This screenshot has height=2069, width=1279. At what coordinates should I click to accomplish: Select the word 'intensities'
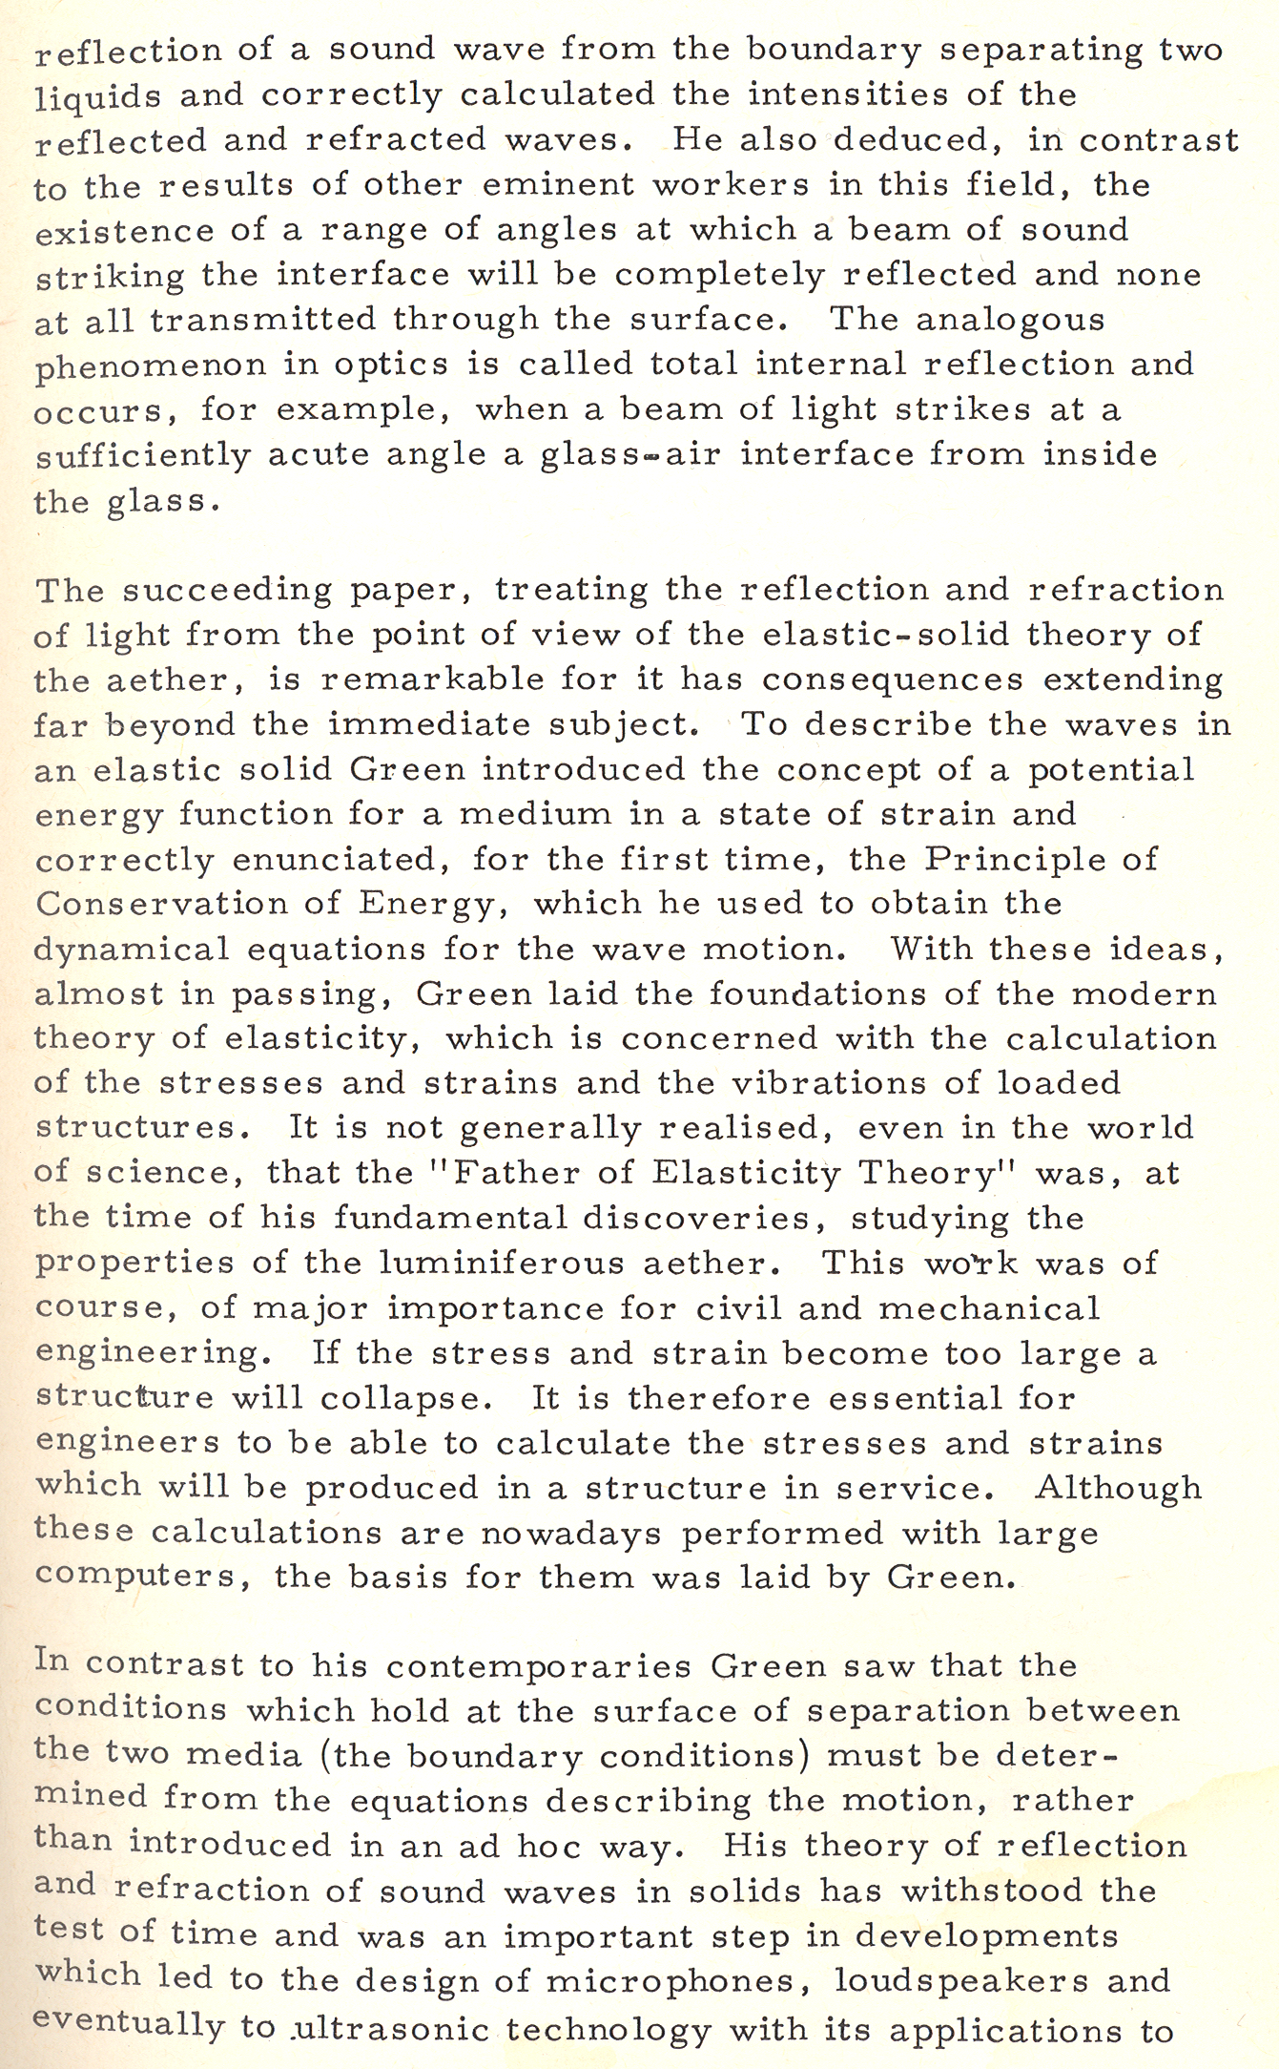(837, 94)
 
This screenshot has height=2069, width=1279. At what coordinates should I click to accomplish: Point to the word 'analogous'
(1010, 319)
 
